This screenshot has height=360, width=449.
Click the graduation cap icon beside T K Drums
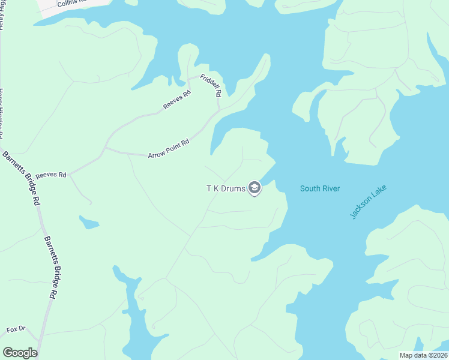pos(255,188)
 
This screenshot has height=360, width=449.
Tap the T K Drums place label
pos(226,188)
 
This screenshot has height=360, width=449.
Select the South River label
pos(320,189)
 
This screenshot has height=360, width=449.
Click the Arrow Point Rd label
pos(169,149)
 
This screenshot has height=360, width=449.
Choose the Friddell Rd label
pos(211,86)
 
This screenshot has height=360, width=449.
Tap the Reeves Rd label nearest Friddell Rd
pos(176,100)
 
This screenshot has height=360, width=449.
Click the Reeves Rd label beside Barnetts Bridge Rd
pos(50,175)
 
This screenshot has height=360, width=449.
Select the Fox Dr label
pos(16,329)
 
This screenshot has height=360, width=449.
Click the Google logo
pos(20,353)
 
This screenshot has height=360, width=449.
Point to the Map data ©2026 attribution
pos(424,355)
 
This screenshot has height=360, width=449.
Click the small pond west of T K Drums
pos(89,223)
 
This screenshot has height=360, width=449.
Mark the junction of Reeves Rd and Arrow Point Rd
pos(105,148)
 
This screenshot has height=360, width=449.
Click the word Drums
pos(234,188)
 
